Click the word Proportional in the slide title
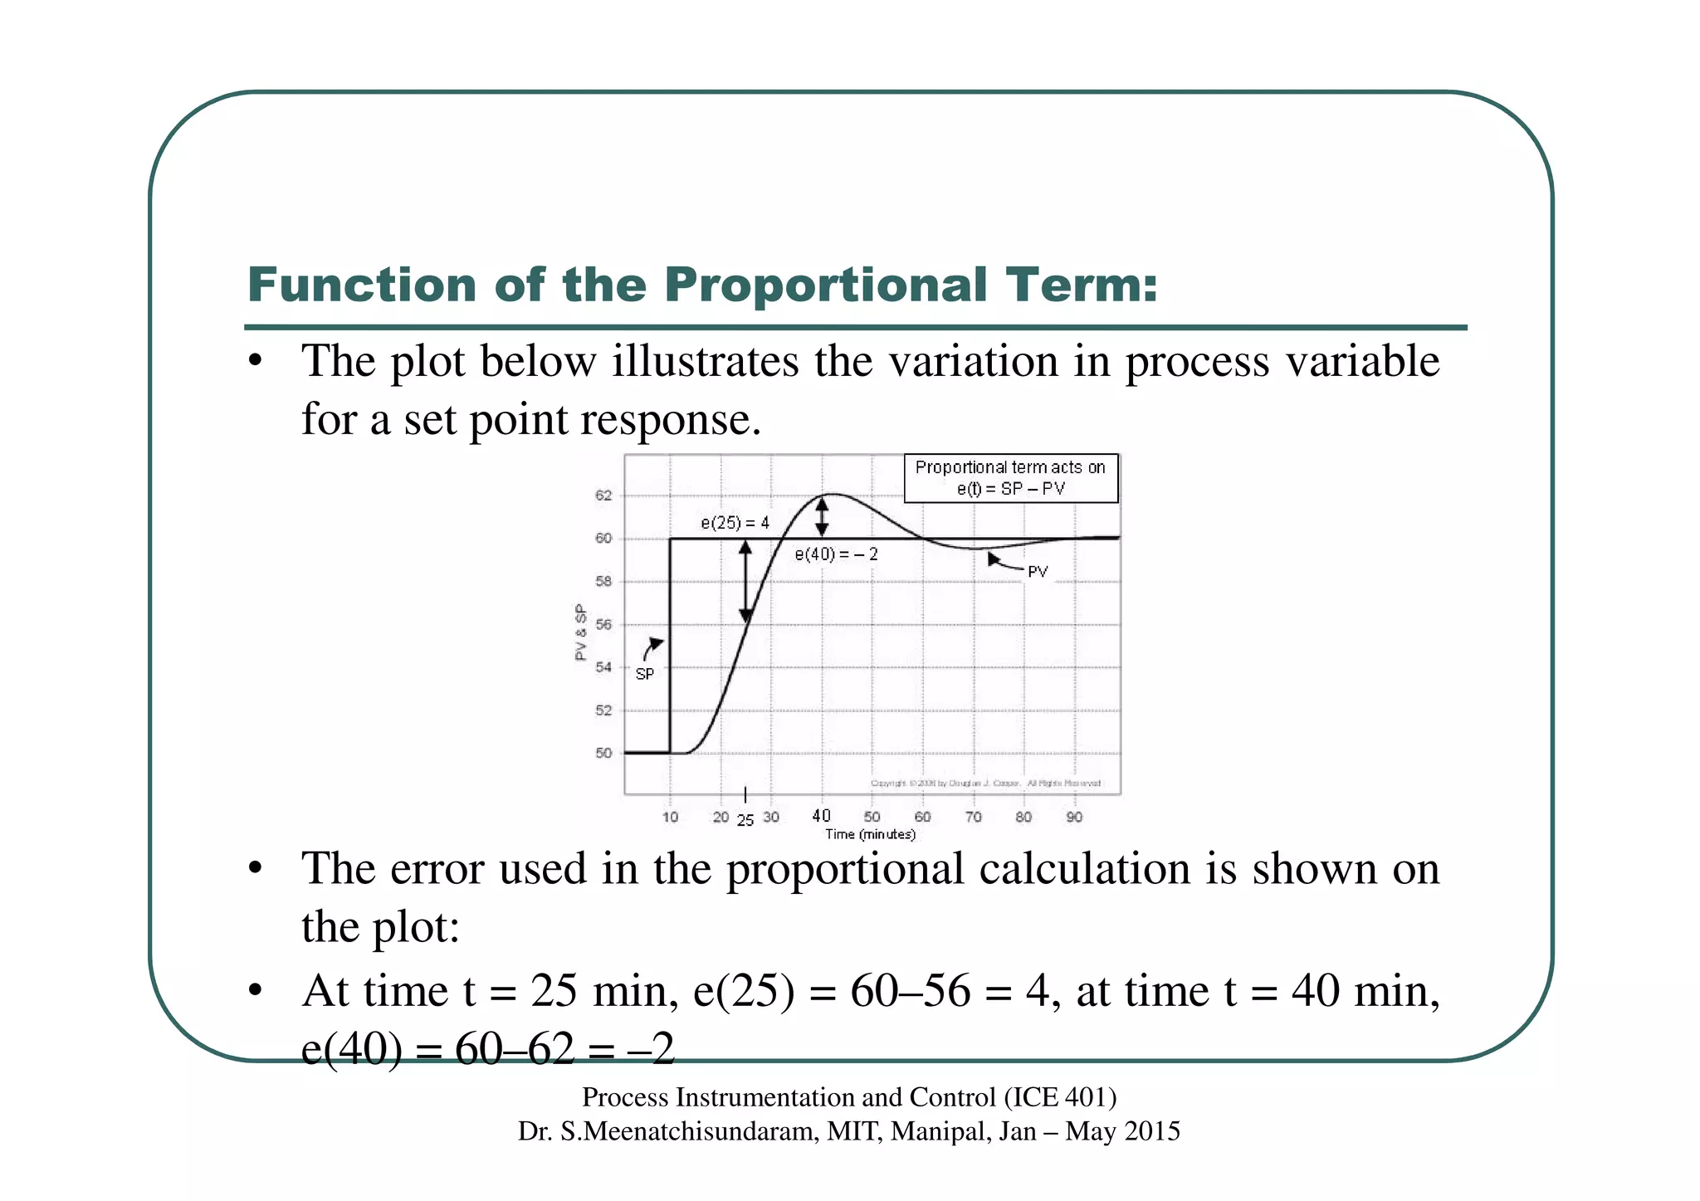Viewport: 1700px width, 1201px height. (x=824, y=286)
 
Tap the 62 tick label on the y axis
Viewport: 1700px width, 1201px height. (x=603, y=496)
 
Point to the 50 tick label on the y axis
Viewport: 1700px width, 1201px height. (x=603, y=753)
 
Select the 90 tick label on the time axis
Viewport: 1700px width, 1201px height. (x=1074, y=817)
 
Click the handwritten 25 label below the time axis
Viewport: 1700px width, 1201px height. (x=745, y=821)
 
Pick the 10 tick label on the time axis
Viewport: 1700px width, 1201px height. (x=670, y=817)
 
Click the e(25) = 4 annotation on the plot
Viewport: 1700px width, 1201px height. (x=735, y=523)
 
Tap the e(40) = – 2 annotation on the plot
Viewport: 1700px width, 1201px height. (x=836, y=554)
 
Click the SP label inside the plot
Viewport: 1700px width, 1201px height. (x=644, y=674)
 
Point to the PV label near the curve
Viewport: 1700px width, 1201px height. (x=1038, y=572)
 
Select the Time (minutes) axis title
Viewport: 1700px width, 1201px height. (x=870, y=834)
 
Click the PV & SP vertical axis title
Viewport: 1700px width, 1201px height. (x=581, y=632)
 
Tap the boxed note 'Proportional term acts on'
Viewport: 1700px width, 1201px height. (x=1010, y=468)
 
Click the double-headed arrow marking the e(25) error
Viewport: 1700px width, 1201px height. (x=745, y=581)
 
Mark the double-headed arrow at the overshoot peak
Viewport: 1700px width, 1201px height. (x=822, y=517)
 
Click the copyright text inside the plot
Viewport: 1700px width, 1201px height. (x=985, y=783)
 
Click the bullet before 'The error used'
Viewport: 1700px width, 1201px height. (x=256, y=869)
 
